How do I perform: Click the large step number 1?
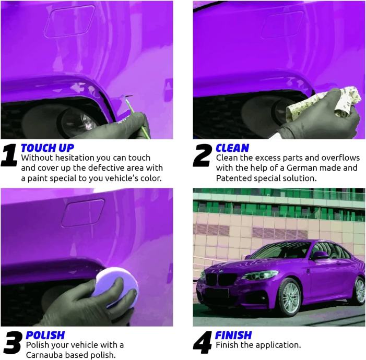coord(9,155)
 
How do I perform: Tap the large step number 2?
coord(203,155)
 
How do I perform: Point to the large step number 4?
coord(202,343)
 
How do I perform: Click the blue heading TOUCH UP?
coord(48,148)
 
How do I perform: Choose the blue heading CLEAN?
coord(232,148)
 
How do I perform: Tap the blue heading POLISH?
coord(45,335)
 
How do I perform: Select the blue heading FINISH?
coord(233,335)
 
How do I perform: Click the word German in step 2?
coord(300,168)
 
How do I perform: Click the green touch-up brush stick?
coord(138,118)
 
